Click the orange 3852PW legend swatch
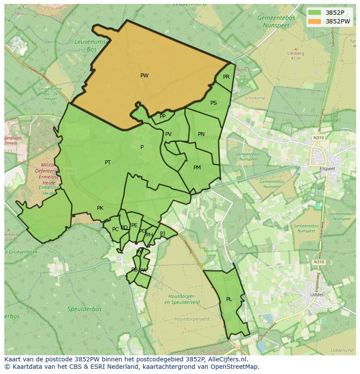click(315, 21)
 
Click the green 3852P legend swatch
click(315, 13)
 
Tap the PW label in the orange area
click(144, 76)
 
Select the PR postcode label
click(226, 77)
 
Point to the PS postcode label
click(213, 103)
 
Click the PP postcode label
click(163, 116)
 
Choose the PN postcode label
click(201, 134)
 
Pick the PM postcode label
click(197, 168)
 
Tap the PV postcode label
click(168, 134)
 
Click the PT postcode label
click(108, 162)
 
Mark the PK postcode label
click(100, 208)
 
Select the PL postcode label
click(229, 299)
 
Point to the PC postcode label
click(115, 229)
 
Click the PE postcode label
click(134, 225)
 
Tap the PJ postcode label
click(163, 233)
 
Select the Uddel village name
click(316, 294)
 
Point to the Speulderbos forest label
click(84, 309)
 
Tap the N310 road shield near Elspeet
click(319, 138)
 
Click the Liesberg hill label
click(295, 53)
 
